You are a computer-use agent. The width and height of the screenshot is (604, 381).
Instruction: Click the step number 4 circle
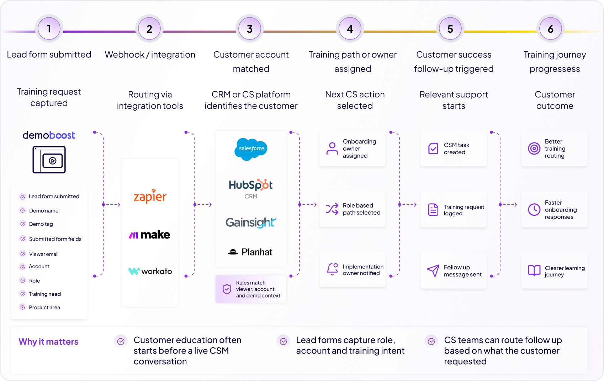(x=350, y=28)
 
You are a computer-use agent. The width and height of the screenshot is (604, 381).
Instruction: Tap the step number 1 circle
(x=49, y=28)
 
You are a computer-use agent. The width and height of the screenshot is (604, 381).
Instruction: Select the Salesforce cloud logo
(x=251, y=149)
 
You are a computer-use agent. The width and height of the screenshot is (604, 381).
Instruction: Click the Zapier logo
(x=150, y=196)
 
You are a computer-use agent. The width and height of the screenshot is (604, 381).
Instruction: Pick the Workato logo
(x=150, y=271)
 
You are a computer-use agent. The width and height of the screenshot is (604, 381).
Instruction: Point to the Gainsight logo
(x=251, y=222)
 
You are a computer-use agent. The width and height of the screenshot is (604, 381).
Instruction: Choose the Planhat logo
(x=250, y=252)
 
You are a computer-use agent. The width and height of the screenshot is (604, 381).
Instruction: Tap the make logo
(x=149, y=235)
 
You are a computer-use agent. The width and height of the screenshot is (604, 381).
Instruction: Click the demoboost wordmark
(x=49, y=135)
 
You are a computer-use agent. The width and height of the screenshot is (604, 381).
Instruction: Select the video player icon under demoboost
(x=49, y=160)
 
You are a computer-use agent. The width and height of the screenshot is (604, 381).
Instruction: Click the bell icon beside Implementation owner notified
(x=332, y=269)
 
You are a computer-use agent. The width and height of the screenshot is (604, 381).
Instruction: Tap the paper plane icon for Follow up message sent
(x=433, y=270)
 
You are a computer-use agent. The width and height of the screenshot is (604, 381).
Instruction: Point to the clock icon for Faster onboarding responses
(x=534, y=209)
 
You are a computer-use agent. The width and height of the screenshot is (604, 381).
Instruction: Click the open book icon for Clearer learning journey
(x=534, y=270)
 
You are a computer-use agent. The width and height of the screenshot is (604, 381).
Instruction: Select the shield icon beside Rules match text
(x=227, y=289)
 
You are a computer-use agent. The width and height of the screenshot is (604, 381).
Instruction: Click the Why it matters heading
(x=48, y=342)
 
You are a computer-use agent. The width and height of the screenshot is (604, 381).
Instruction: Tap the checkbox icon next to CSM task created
(x=433, y=149)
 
